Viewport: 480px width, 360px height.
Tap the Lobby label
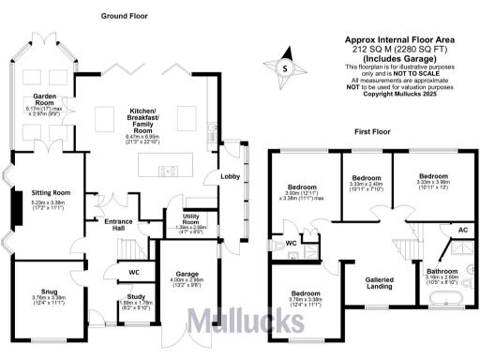[231, 175]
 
